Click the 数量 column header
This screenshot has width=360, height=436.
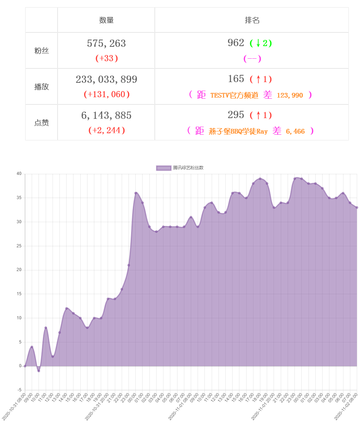click(107, 20)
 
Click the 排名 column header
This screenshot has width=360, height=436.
click(252, 20)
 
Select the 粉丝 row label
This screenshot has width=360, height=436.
click(41, 51)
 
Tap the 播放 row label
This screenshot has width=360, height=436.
click(41, 87)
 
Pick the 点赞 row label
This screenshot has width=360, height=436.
click(41, 123)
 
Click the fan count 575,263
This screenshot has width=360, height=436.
click(107, 44)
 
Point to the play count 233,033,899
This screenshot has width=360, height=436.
click(107, 80)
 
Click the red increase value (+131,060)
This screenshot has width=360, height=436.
click(107, 95)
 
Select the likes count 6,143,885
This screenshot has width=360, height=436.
click(107, 116)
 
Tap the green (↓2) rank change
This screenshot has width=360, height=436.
click(261, 43)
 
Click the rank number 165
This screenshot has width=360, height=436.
click(236, 78)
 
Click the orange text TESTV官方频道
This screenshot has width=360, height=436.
click(234, 95)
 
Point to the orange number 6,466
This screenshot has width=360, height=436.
click(295, 131)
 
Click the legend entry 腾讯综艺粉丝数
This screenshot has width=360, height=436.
click(180, 168)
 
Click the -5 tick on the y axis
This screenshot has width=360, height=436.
click(19, 390)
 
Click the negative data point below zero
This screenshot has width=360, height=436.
click(39, 371)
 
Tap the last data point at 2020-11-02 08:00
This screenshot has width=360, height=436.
click(357, 207)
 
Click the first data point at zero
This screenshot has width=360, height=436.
click(25, 366)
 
